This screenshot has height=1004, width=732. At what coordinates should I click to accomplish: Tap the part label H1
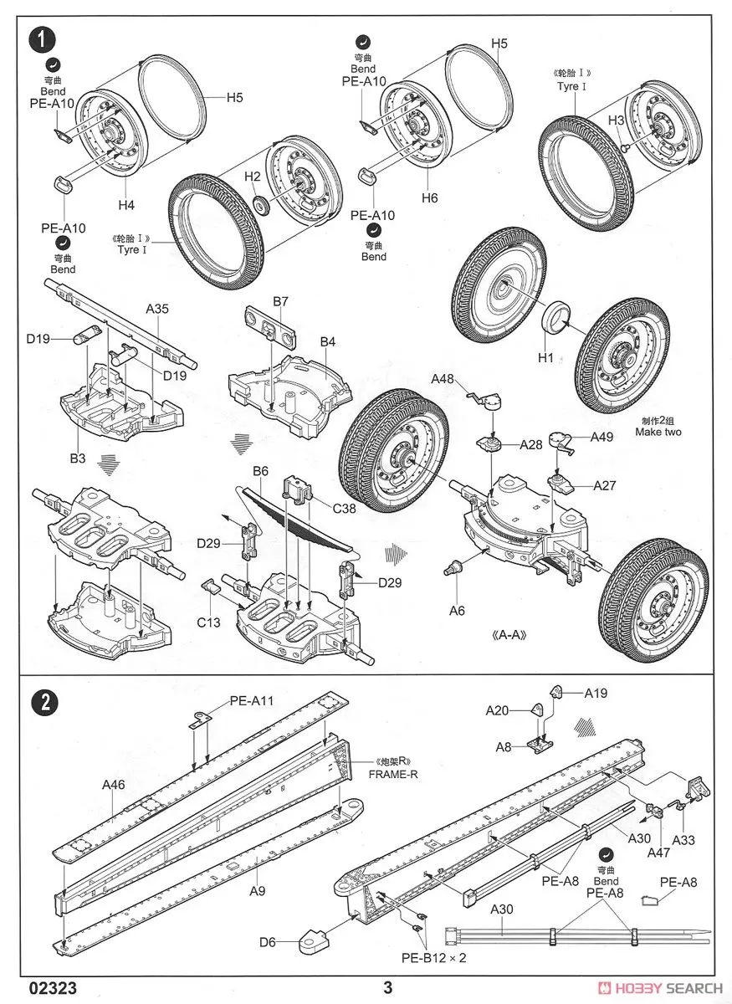coord(546,357)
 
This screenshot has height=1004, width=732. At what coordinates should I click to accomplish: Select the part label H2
coord(253,177)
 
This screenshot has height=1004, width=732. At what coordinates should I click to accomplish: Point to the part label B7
coord(280,300)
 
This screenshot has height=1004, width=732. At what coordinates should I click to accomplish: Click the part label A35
coord(157,309)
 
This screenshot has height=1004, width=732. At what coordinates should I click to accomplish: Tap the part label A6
coord(456,610)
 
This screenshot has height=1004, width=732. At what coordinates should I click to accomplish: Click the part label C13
coord(209,622)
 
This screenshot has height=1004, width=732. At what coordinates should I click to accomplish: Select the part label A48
coord(443,379)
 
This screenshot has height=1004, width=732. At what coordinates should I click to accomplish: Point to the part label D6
coord(268,943)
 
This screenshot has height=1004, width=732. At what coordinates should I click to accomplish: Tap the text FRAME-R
coord(392,774)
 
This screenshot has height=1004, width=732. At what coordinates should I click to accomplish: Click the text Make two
coord(658,432)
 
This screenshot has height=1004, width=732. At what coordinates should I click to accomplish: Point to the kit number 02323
coord(54,987)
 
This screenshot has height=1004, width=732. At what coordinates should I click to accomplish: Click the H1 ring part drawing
coord(556,319)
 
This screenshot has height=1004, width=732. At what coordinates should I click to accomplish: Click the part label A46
coord(114,785)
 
